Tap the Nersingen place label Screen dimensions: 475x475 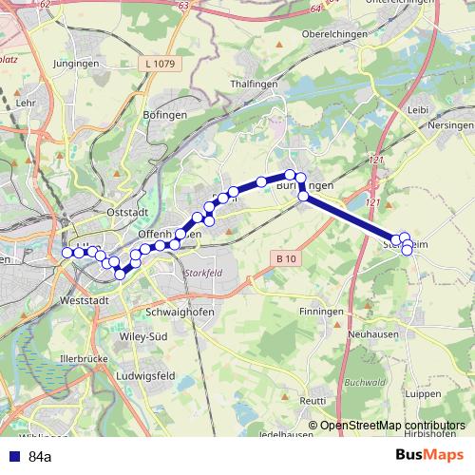tap(450, 124)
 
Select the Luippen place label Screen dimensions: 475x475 tap(422, 392)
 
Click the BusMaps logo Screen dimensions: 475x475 tap(429, 455)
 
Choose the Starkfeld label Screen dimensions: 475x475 tap(202, 272)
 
